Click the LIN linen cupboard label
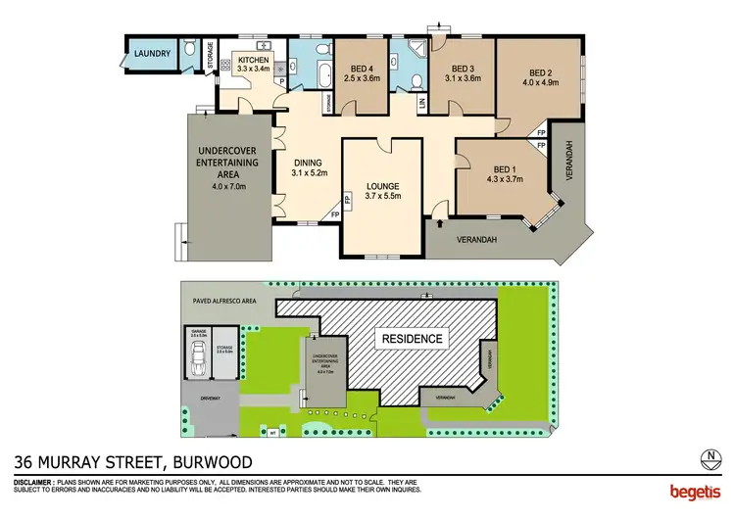(x=422, y=102)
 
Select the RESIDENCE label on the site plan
(x=412, y=339)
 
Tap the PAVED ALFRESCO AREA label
(x=224, y=302)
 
